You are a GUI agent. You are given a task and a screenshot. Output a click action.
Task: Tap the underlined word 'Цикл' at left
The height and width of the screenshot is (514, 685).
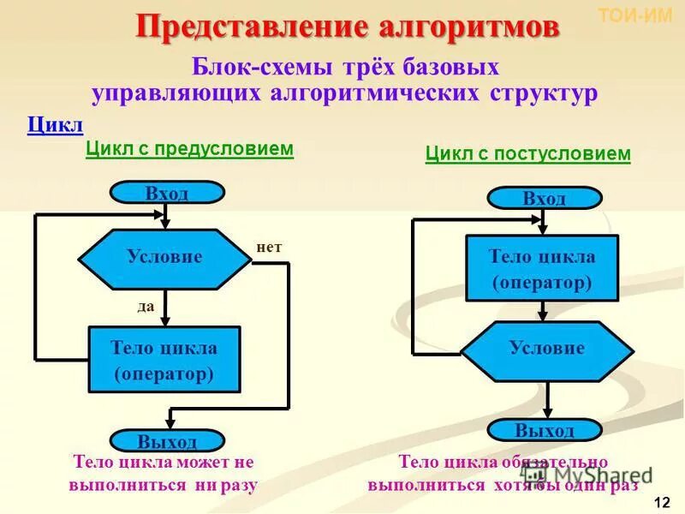point(55,125)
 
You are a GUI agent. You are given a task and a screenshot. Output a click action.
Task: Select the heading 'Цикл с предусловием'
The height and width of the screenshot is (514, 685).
point(189,149)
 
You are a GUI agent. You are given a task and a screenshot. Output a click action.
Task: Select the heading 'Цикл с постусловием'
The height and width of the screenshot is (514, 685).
point(527,154)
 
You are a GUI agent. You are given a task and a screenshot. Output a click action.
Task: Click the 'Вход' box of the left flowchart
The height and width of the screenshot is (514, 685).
point(167,193)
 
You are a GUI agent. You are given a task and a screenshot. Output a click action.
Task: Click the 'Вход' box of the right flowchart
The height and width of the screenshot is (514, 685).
point(545,198)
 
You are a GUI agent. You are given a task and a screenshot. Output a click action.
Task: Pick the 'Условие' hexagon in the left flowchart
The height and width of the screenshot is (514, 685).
point(165,256)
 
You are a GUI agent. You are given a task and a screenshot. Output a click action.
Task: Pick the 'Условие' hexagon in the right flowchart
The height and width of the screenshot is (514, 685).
point(547,350)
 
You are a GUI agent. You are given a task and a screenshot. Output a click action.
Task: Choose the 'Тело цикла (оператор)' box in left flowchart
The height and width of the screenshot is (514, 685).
point(164,361)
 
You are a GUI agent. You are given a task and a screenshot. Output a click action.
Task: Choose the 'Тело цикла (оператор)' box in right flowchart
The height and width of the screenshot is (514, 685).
point(542,269)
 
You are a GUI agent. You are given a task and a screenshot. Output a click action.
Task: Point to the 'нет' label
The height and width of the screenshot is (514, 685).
point(269,247)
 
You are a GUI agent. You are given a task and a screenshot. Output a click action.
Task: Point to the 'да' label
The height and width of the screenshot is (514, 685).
point(146,305)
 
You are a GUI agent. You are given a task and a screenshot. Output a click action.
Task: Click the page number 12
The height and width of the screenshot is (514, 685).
point(661,501)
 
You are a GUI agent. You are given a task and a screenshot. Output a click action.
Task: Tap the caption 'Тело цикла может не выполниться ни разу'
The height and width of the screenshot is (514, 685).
point(164,473)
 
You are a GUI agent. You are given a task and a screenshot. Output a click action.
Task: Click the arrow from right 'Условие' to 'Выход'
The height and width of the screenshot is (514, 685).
point(547,399)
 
